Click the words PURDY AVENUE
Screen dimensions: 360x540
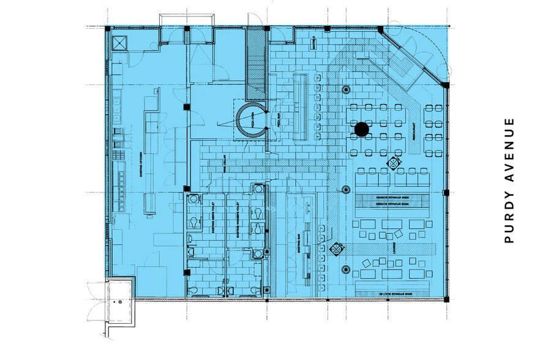[x=509, y=180]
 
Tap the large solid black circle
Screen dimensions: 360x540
[x=362, y=129]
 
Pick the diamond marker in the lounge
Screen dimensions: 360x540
[x=336, y=249]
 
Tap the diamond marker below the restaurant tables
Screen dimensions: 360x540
[x=394, y=163]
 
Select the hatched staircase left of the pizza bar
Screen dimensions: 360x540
[x=255, y=64]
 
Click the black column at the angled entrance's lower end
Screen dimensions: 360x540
[x=446, y=85]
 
